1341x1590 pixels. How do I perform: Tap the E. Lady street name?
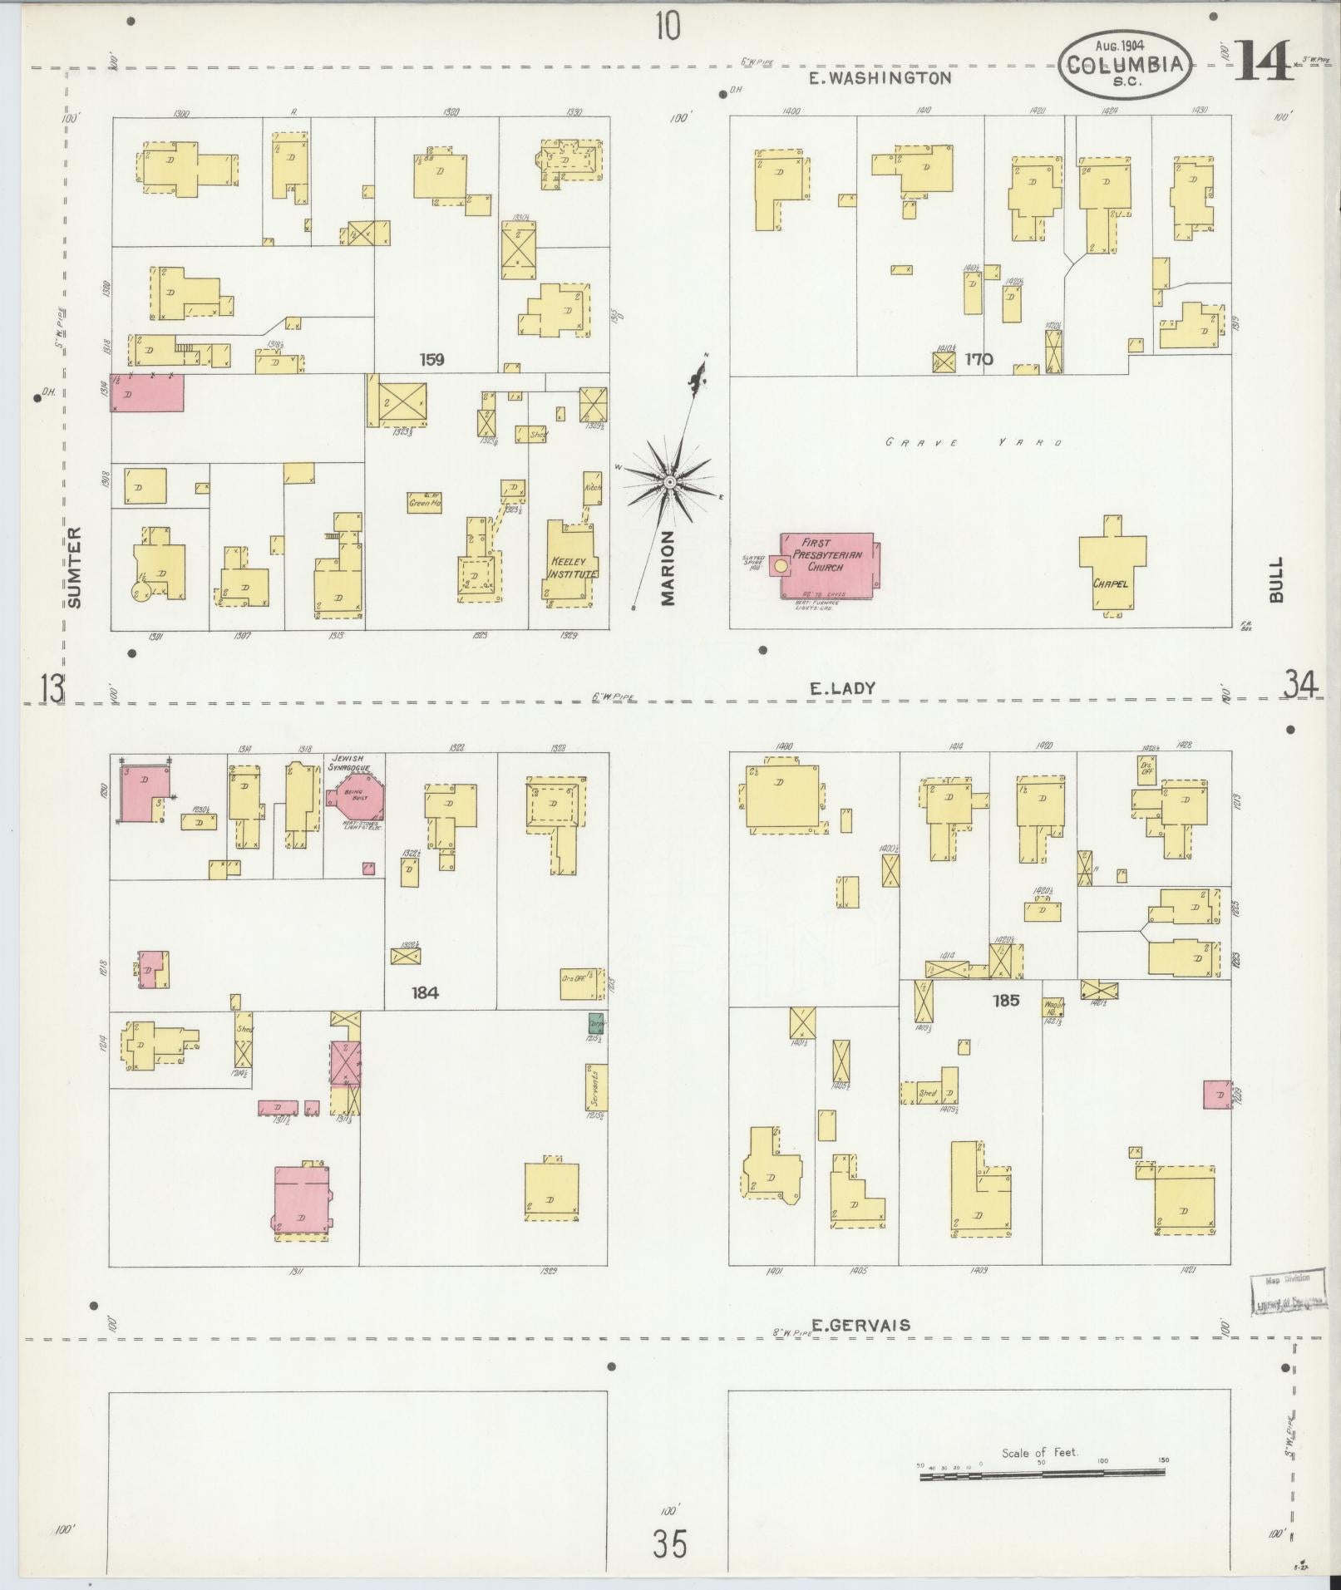tap(841, 688)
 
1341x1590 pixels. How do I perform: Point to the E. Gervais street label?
tap(860, 1325)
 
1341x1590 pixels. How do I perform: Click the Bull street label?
tap(1276, 579)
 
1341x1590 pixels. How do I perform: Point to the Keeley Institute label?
tap(573, 568)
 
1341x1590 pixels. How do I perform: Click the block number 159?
tap(431, 360)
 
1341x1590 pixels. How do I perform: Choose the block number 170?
tap(979, 360)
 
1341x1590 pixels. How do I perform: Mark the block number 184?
tap(424, 992)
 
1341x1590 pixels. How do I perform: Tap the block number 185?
tap(1006, 1001)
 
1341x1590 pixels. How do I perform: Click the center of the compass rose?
tap(669, 482)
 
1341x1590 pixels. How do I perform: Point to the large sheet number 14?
tap(1263, 61)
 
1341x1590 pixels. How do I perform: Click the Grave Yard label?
tap(974, 443)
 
